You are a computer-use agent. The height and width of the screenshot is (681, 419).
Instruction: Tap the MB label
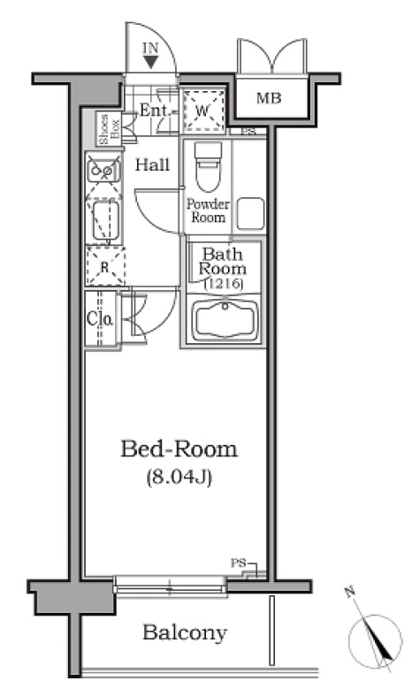click(x=269, y=98)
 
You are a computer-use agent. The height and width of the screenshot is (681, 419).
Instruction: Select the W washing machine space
click(x=202, y=111)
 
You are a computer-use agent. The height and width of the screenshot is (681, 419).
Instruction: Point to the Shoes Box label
click(x=109, y=129)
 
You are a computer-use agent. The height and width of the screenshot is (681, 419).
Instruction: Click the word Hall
click(x=152, y=165)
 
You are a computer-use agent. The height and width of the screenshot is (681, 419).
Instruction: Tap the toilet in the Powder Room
click(x=208, y=166)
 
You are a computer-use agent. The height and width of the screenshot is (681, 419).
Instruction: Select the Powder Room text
click(x=208, y=210)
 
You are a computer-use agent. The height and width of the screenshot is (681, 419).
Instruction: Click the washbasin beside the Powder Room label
click(x=250, y=213)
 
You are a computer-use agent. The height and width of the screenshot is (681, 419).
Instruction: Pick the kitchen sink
click(x=103, y=169)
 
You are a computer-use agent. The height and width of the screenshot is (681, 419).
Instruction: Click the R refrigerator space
click(x=105, y=266)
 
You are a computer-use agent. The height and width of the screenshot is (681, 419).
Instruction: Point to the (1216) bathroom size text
click(x=223, y=284)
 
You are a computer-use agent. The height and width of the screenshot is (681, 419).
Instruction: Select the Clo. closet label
click(x=100, y=319)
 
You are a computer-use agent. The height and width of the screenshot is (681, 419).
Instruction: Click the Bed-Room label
click(x=179, y=448)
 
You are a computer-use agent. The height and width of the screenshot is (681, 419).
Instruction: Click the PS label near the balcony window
click(x=238, y=563)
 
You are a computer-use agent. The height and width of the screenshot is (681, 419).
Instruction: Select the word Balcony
click(x=185, y=632)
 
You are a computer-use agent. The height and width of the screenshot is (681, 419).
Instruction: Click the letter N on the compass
click(x=348, y=592)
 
